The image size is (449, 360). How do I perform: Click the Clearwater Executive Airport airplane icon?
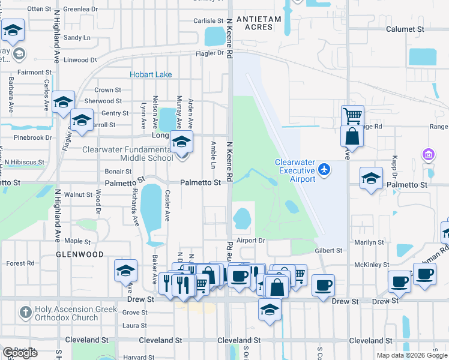pyautogui.click(x=324, y=170)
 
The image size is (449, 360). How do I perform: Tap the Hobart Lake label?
pyautogui.click(x=151, y=74)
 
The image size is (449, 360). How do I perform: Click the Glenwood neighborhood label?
pyautogui.click(x=80, y=254)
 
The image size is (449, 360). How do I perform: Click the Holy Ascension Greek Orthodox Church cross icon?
pyautogui.click(x=25, y=313)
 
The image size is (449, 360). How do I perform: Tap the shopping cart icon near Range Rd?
pyautogui.click(x=352, y=115)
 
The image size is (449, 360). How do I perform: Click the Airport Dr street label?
pyautogui.click(x=250, y=240)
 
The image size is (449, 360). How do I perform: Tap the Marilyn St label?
pyautogui.click(x=369, y=242)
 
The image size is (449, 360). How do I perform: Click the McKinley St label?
pyautogui.click(x=369, y=265)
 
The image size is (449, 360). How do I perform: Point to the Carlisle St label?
pyautogui.click(x=208, y=20)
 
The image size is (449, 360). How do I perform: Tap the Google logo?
pyautogui.click(x=20, y=353)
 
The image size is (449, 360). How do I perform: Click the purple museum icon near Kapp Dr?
pyautogui.click(x=428, y=155)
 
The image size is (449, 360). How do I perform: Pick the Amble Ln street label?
pyautogui.click(x=214, y=155)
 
